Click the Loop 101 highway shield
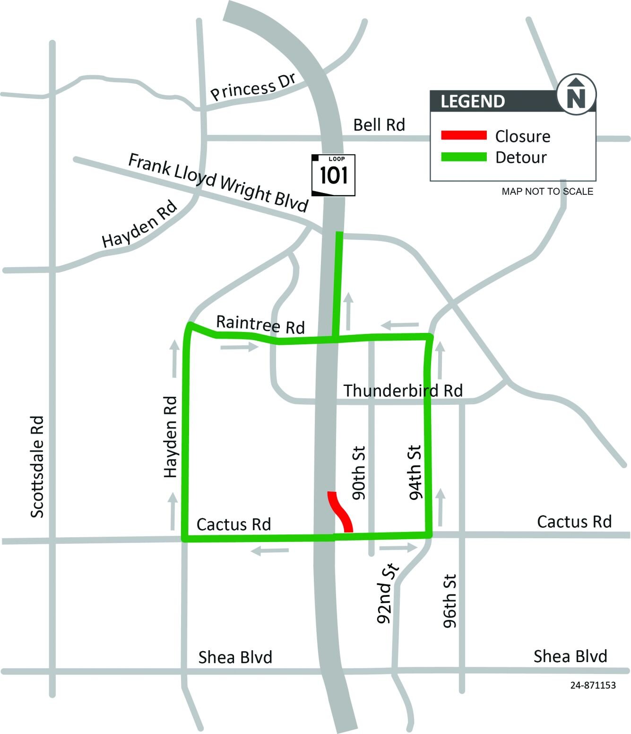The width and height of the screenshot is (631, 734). click(333, 175)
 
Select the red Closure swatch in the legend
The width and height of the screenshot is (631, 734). click(464, 136)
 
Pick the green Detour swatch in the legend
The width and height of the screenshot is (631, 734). click(464, 157)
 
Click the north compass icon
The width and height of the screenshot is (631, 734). click(576, 94)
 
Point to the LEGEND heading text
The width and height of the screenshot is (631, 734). click(473, 101)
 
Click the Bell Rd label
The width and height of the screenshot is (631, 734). click(379, 125)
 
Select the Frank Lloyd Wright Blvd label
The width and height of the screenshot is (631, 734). click(218, 182)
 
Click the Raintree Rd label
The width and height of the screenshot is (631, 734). click(260, 324)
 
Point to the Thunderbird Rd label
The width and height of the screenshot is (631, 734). click(403, 391)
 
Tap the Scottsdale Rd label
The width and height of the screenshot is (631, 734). click(37, 467)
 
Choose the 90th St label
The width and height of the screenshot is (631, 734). click(359, 473)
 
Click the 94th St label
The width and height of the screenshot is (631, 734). click(415, 472)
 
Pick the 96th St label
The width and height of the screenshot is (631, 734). click(450, 601)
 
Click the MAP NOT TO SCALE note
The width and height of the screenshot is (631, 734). click(547, 192)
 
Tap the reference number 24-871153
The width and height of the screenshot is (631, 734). click(593, 685)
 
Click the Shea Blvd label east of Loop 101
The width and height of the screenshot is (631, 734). click(570, 656)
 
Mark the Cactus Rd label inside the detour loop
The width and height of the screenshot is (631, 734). click(233, 524)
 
